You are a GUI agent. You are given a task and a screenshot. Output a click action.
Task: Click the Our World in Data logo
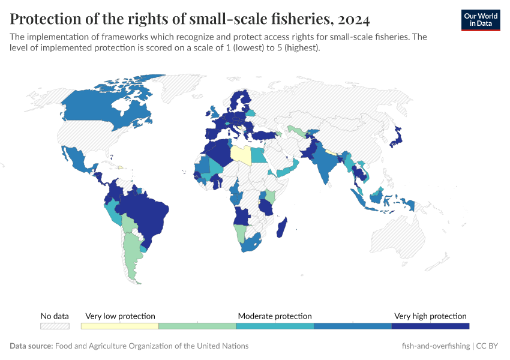(480, 20)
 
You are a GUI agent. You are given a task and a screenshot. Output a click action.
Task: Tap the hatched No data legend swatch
(55, 326)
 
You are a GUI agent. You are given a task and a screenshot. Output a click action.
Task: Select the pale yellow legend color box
(119, 326)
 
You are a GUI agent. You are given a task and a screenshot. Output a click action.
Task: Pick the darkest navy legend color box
(430, 326)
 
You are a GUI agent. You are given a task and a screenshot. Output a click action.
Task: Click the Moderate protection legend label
(275, 316)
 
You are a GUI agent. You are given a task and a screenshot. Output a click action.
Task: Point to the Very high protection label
(430, 316)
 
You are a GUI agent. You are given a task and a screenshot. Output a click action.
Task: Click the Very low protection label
(120, 316)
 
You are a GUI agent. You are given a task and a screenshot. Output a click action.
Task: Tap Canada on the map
(90, 111)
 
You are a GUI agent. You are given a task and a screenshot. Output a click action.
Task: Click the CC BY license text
(488, 346)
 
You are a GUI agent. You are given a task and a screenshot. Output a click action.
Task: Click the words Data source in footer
(31, 346)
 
